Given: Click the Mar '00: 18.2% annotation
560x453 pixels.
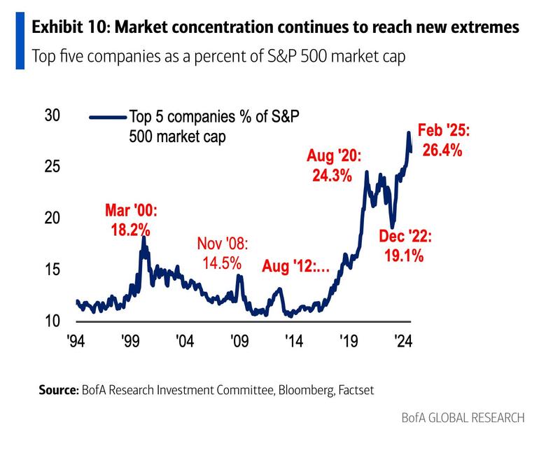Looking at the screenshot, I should click(132, 219).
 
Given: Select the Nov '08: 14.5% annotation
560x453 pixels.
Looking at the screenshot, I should click(223, 253).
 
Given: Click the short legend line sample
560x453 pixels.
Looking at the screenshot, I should click(104, 118).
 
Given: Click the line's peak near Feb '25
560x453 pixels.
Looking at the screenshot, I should click(409, 132).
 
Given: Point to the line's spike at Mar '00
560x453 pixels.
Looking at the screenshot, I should click(143, 238).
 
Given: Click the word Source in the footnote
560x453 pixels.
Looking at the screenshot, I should click(57, 390).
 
